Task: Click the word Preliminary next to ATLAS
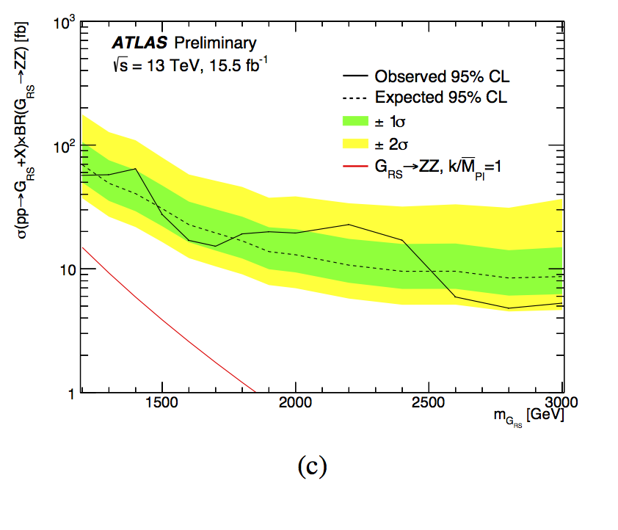click(195, 43)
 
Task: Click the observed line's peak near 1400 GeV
click(135, 169)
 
